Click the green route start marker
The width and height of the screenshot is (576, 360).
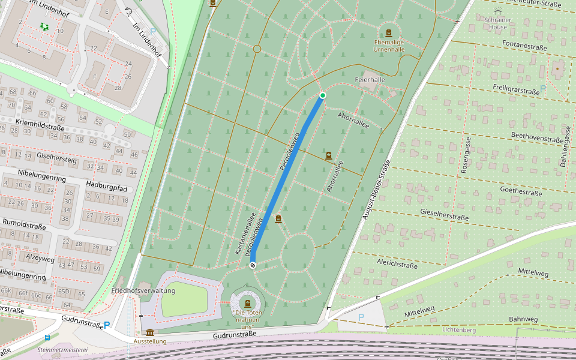tap(322, 95)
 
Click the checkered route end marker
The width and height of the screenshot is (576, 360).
tap(253, 265)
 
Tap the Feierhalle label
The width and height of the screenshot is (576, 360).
tap(370, 79)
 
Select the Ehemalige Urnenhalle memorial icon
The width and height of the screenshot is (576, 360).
tap(389, 33)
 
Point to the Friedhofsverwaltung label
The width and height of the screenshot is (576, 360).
tap(143, 290)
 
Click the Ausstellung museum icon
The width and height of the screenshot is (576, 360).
tap(149, 332)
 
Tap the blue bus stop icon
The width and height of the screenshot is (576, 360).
tap(47, 338)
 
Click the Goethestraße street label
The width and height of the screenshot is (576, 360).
tap(521, 190)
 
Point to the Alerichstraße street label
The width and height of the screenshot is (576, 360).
tap(397, 264)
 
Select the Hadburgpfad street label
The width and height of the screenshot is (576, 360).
tap(106, 187)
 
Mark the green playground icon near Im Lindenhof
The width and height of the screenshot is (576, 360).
tap(44, 26)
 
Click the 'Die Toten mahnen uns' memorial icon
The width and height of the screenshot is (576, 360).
tap(247, 303)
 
